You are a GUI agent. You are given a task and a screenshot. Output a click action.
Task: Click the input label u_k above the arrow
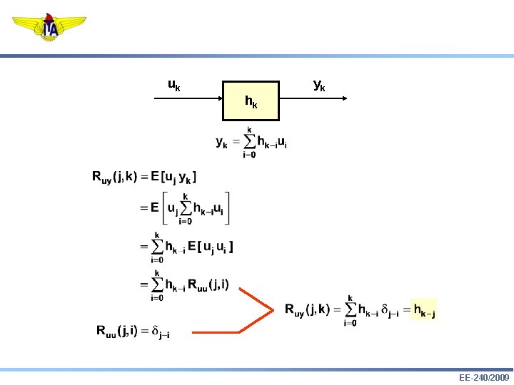tap(174, 86)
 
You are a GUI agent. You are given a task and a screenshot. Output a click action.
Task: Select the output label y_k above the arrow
tap(319, 86)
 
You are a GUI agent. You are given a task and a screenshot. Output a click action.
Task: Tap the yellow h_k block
tap(251, 101)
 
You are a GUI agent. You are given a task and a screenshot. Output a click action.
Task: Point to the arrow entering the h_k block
tap(188, 101)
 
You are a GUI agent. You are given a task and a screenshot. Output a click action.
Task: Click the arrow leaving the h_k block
tap(313, 101)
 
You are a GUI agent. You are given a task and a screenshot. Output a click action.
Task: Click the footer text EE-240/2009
tap(484, 377)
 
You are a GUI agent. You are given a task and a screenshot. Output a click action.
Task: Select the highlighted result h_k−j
tap(424, 311)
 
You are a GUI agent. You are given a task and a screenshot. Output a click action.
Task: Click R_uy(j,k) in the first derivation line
tap(115, 178)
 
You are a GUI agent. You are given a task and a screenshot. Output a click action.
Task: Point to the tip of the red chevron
tap(273, 310)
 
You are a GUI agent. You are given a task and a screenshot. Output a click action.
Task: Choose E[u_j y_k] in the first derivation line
tap(174, 177)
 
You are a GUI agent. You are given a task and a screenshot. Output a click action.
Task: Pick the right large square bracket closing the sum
tap(228, 207)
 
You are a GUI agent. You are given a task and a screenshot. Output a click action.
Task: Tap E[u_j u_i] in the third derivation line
tap(211, 247)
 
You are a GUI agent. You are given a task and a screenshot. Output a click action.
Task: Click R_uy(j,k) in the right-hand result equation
tap(307, 310)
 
